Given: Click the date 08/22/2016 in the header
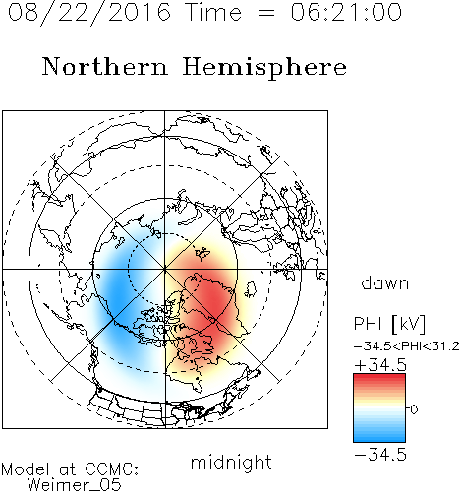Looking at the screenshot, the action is click(x=89, y=13).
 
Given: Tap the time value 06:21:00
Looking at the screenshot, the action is click(x=346, y=12).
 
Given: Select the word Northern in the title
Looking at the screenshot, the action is click(x=105, y=66).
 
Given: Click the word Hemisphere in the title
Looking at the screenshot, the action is click(x=264, y=68).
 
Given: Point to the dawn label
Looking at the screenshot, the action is click(x=385, y=283).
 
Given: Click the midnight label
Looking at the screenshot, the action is click(x=231, y=463).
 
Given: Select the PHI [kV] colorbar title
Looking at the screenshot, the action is click(x=389, y=324).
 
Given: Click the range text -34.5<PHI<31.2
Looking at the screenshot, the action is click(x=407, y=346).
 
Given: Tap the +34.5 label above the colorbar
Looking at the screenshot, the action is click(x=380, y=365).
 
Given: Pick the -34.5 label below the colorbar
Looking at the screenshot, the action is click(x=380, y=455).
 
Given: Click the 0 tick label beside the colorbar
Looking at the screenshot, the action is click(x=414, y=409).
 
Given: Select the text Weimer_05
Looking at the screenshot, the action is click(x=75, y=485).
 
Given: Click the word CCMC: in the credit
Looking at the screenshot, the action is click(x=112, y=469).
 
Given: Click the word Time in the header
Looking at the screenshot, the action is click(x=213, y=12).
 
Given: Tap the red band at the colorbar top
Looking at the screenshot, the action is click(x=379, y=379).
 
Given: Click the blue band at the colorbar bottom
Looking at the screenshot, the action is click(x=379, y=437).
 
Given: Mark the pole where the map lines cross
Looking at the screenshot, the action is click(x=165, y=269).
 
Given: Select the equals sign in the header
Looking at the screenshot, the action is click(x=266, y=14).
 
